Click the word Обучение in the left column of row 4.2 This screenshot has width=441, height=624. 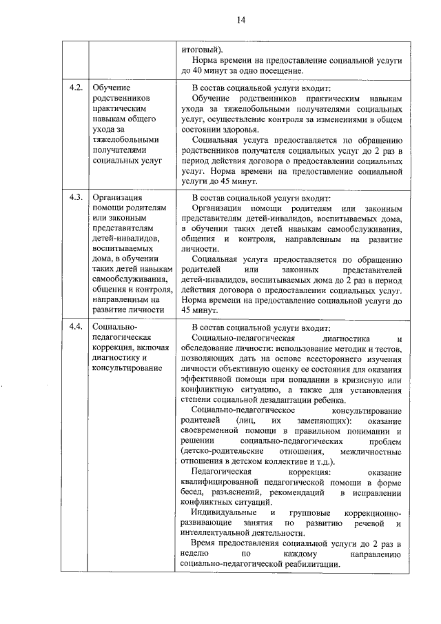(x=111, y=88)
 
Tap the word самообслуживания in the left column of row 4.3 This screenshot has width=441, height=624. (x=132, y=279)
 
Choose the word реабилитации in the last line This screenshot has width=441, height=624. (x=311, y=564)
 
